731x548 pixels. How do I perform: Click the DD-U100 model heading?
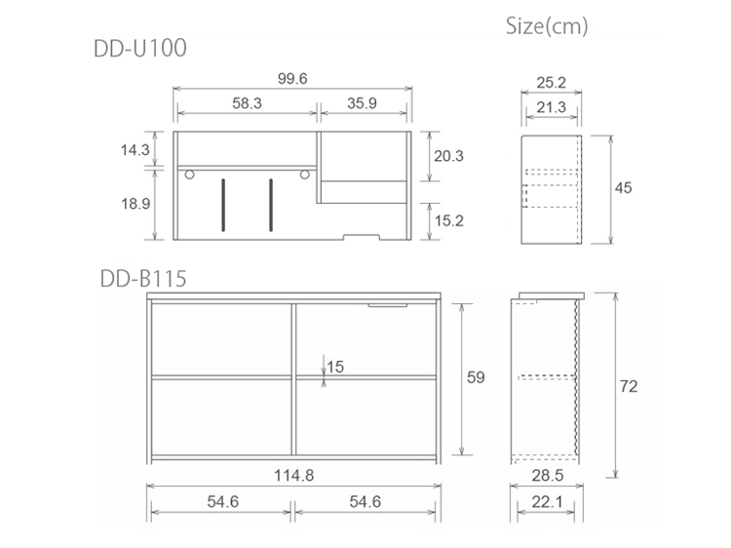[140, 48]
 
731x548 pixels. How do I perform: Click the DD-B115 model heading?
[143, 279]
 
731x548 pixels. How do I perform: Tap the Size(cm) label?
[547, 26]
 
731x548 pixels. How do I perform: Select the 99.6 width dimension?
[292, 78]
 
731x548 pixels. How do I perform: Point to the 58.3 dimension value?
[248, 103]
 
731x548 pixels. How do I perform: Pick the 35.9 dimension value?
[362, 103]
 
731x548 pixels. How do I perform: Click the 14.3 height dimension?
[135, 150]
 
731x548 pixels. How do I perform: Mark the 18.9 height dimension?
[135, 204]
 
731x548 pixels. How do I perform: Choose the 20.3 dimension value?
[449, 156]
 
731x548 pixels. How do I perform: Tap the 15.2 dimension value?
[449, 220]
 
